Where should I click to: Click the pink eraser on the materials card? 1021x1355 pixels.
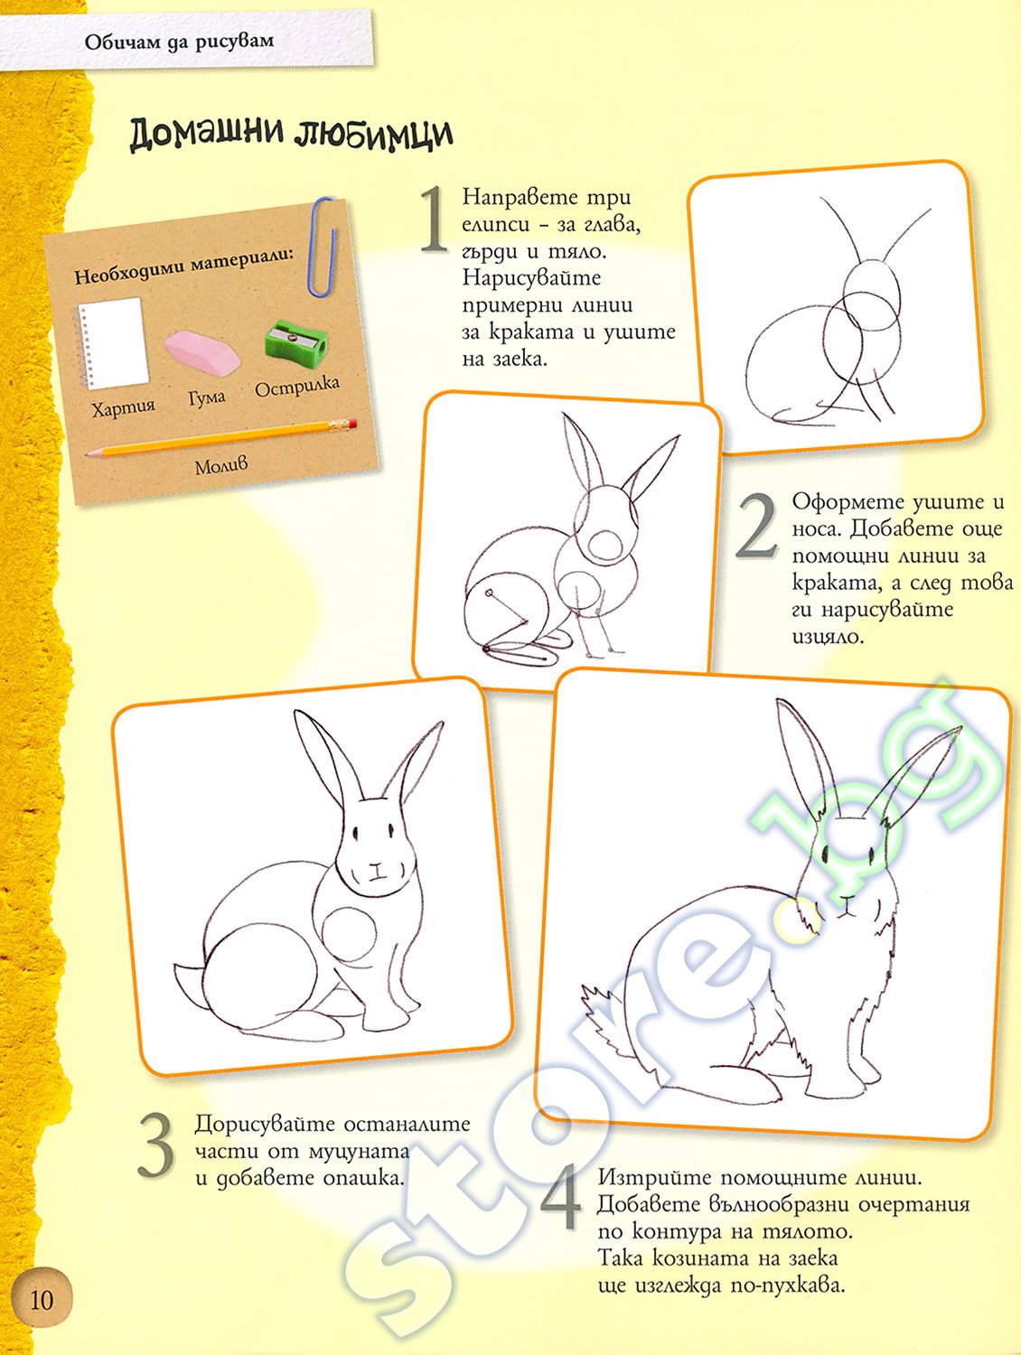[202, 352]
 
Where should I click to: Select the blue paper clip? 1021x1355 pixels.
[323, 247]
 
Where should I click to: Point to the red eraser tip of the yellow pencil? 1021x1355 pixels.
[351, 424]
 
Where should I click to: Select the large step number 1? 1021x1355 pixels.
[435, 220]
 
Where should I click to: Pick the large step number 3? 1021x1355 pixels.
[155, 1145]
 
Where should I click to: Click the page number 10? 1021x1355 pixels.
[42, 1299]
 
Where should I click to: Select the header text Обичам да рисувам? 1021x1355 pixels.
[179, 42]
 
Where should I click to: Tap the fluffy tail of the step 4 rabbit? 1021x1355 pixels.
[604, 1017]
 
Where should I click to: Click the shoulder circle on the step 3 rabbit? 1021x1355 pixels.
[349, 935]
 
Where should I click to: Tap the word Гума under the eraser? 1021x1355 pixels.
[208, 397]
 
